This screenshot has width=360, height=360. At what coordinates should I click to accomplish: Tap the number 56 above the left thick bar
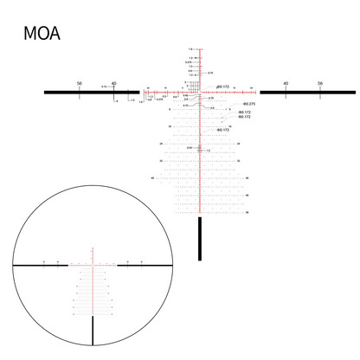click(80, 83)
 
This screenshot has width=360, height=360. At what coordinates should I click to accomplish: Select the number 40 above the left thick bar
click(114, 83)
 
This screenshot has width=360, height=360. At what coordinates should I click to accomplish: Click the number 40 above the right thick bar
click(286, 83)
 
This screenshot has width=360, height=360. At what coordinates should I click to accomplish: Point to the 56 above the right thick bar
click(320, 83)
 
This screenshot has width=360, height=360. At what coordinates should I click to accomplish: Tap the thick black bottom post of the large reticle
click(201, 238)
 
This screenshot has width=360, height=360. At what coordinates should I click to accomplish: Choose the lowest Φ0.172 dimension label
click(222, 130)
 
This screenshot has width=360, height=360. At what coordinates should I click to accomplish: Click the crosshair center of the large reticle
click(201, 92)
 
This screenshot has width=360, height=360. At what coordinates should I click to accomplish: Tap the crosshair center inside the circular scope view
click(93, 265)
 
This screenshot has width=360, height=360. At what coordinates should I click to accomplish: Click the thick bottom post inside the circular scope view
click(93, 331)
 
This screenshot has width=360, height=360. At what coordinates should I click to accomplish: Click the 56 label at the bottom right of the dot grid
click(247, 212)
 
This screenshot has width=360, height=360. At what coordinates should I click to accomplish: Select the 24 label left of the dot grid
click(161, 144)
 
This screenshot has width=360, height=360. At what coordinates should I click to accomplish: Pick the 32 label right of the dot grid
click(237, 161)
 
